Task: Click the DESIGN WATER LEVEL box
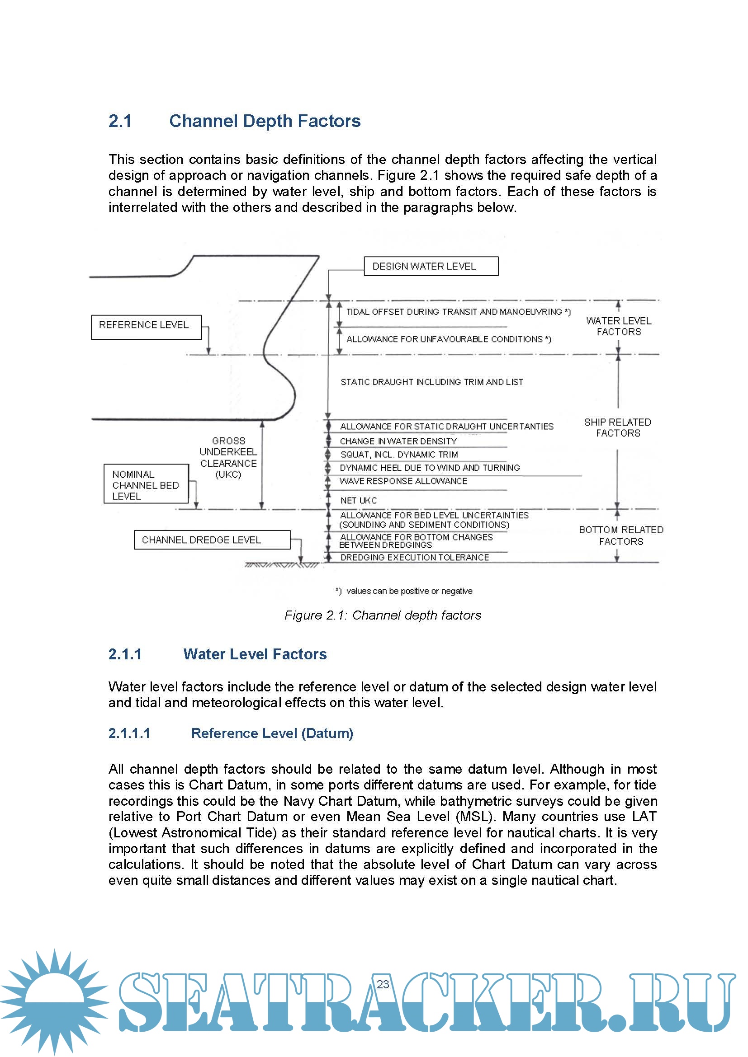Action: tap(431, 266)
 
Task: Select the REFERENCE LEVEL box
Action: tap(146, 327)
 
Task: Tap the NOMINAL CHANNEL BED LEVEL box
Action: tap(146, 484)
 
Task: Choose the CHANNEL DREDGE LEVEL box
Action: tap(212, 540)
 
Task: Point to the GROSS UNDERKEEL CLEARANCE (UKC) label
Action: tap(228, 458)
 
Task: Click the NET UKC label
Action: tap(358, 500)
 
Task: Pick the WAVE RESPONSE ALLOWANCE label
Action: tap(403, 481)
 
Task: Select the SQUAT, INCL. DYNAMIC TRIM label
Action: tap(399, 454)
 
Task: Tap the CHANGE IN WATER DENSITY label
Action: tap(398, 441)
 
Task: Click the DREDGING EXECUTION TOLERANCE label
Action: tap(415, 557)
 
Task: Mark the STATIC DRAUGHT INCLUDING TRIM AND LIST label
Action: tap(431, 382)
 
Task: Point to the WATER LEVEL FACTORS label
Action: tap(618, 326)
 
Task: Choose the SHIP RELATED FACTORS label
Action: tap(618, 427)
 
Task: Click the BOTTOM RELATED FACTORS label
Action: tap(621, 536)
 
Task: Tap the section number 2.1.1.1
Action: tap(129, 733)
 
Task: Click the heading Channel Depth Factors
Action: tap(265, 121)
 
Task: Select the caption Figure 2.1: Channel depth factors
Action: tap(382, 615)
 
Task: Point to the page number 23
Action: tap(383, 984)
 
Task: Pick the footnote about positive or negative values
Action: tap(404, 591)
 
